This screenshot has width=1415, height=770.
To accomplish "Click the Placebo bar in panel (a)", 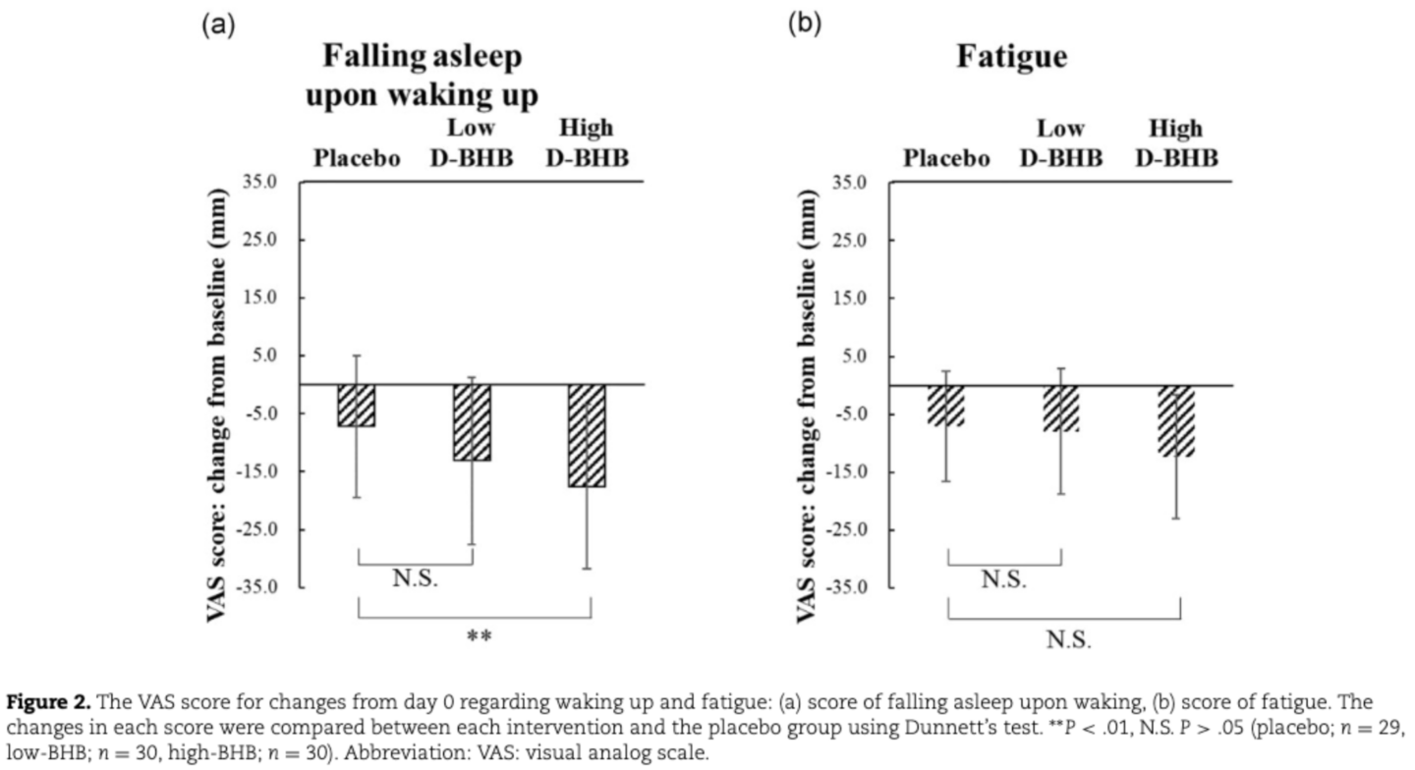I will click(x=356, y=406).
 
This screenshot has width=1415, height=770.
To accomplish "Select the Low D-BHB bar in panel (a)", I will click(x=472, y=422).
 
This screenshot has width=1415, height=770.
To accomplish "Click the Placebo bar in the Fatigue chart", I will click(x=946, y=406).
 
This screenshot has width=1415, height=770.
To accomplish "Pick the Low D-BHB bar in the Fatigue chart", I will click(x=1061, y=409).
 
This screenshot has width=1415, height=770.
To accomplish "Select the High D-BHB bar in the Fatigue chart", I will click(x=1175, y=420).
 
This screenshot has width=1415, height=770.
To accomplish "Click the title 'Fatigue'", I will click(x=1012, y=57).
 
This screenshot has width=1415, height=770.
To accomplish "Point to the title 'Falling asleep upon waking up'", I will click(x=425, y=77).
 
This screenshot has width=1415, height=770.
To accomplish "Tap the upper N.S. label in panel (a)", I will click(x=416, y=578).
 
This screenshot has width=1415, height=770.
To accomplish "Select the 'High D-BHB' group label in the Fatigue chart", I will click(x=1176, y=142).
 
